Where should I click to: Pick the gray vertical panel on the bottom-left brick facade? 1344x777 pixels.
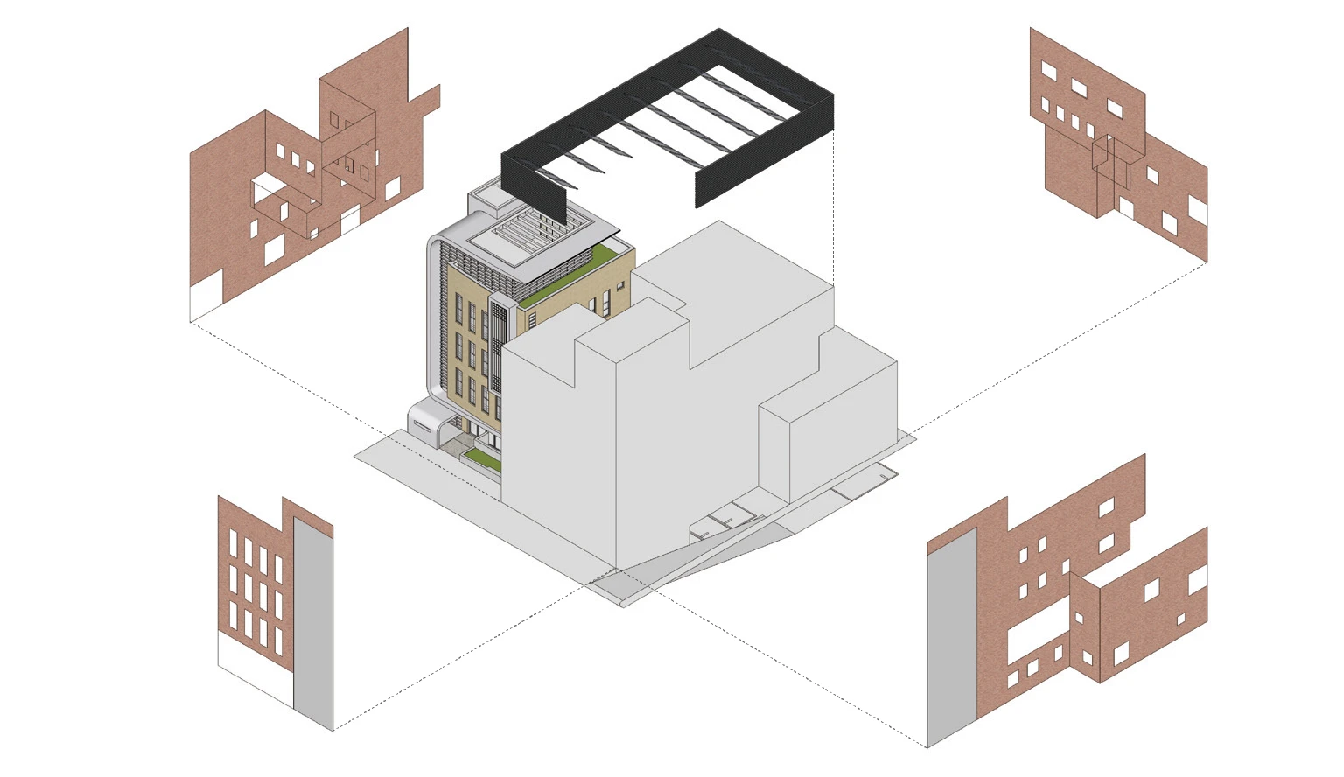pos(312,621)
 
